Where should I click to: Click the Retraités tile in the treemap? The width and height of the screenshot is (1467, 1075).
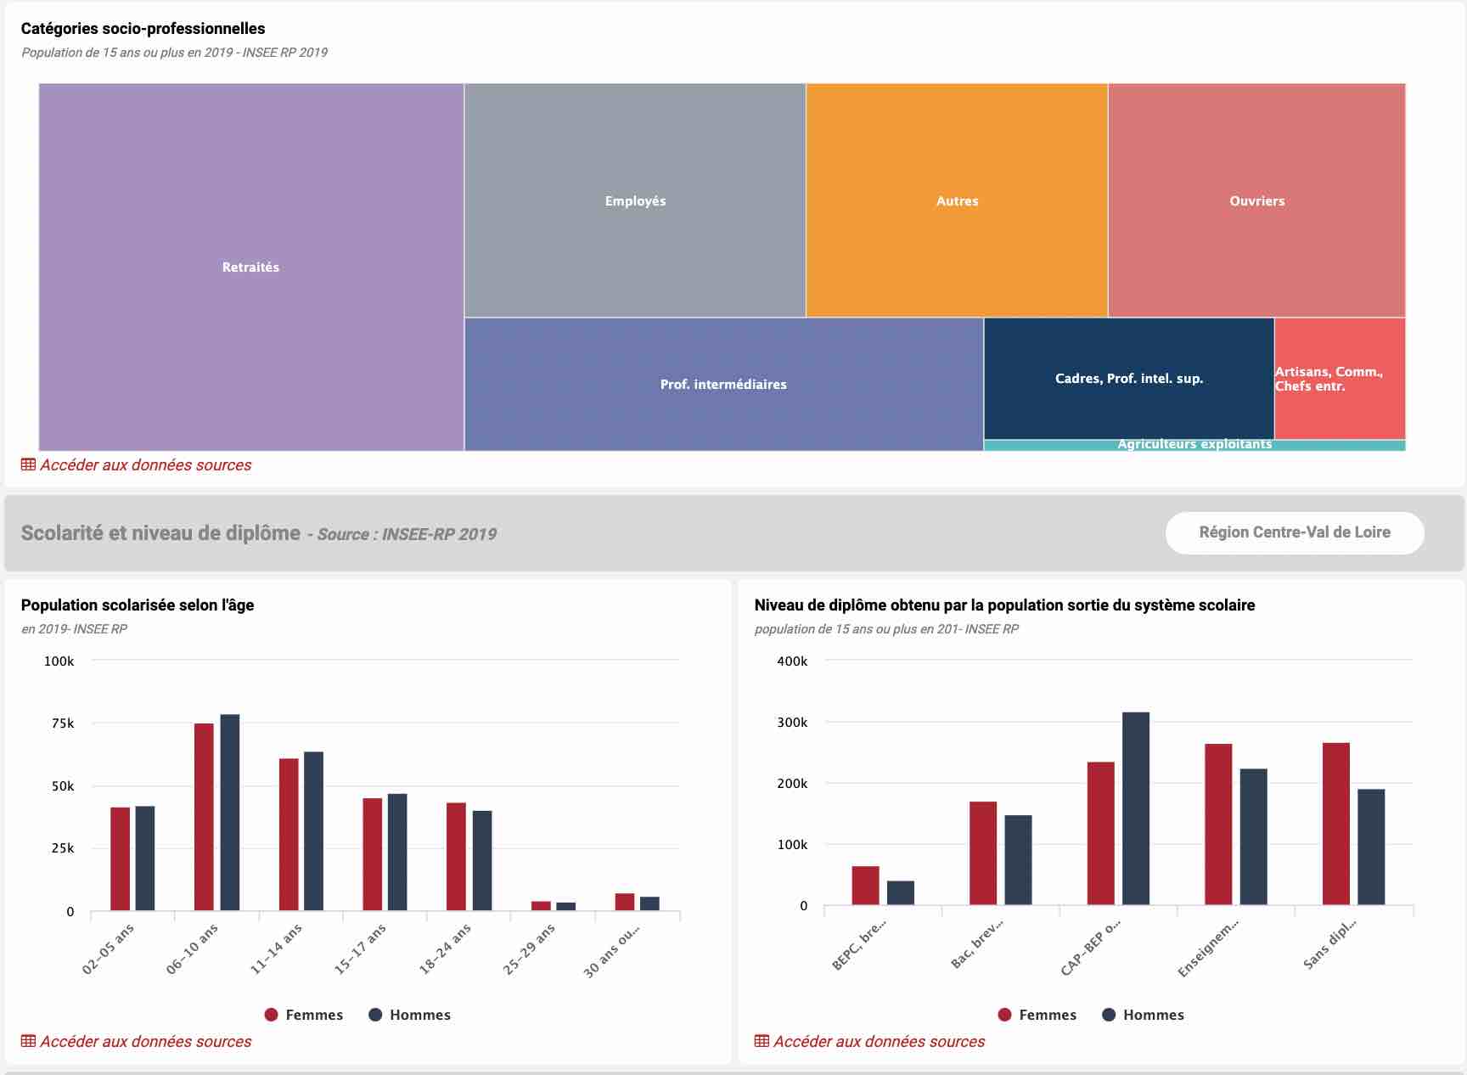(x=251, y=267)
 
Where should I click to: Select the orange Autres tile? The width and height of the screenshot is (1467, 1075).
(x=957, y=200)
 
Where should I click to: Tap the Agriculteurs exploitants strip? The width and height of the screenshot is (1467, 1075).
(x=1194, y=445)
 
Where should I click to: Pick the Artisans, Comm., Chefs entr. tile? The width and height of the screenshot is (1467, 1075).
(x=1340, y=379)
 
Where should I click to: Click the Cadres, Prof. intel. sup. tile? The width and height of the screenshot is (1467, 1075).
(x=1128, y=379)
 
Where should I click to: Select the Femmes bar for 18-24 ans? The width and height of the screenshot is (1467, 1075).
(x=456, y=857)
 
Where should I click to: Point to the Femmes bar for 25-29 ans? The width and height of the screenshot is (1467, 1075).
(x=541, y=906)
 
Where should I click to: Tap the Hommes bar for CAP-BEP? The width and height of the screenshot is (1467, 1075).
(x=1135, y=808)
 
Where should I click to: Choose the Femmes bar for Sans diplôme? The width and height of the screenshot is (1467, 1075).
(x=1335, y=824)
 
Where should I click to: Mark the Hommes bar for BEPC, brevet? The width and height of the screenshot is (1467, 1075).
(x=900, y=893)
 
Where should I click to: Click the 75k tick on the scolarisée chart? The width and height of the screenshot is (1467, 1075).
(x=63, y=723)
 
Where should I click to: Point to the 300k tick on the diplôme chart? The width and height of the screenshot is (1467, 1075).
(x=792, y=723)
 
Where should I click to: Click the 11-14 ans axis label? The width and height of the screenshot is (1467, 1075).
(x=277, y=948)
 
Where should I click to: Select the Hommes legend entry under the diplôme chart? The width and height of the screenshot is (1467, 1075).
(x=1143, y=1015)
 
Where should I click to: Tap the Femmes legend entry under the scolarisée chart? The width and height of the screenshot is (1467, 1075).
(x=304, y=1015)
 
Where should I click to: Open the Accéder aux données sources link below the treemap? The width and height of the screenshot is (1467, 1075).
(x=145, y=465)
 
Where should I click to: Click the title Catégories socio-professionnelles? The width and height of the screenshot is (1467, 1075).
(x=143, y=29)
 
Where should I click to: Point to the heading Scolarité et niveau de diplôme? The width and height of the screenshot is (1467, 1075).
(x=160, y=533)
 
